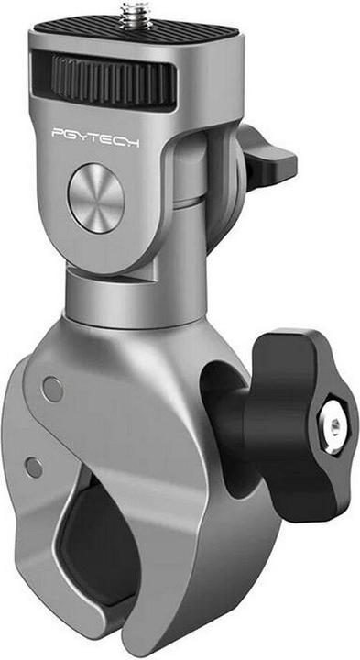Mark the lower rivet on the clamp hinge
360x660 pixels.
point(34,467)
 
